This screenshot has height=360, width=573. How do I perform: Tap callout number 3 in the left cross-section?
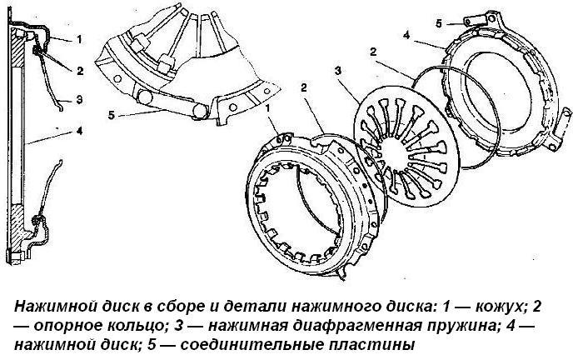(77, 99)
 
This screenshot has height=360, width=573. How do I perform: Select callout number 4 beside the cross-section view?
(77, 130)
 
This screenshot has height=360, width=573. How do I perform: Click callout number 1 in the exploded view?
(270, 108)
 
